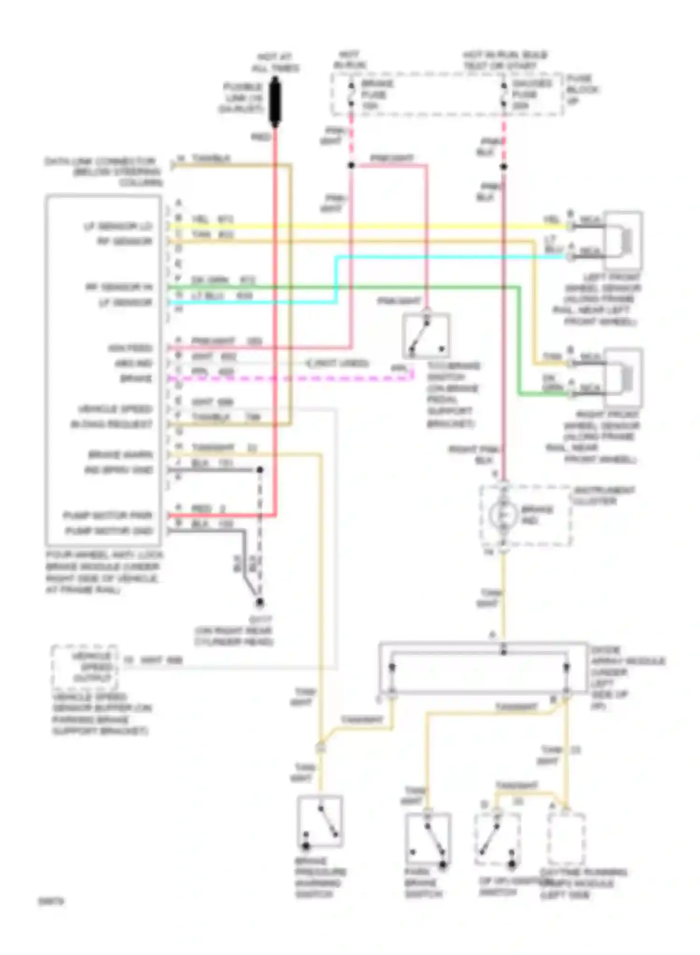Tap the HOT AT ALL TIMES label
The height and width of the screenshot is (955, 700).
point(275,62)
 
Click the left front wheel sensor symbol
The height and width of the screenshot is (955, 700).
point(623,240)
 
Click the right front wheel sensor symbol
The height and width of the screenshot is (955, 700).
point(623,377)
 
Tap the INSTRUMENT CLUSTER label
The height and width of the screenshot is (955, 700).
point(604,496)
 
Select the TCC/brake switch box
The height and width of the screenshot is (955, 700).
point(426,336)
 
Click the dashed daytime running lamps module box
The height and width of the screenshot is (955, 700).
point(566,839)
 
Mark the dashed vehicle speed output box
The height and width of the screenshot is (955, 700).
point(84,667)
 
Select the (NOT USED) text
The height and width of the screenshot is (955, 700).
point(337,363)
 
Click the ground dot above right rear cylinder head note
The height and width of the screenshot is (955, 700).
point(259,603)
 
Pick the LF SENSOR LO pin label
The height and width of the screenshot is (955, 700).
point(118,227)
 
